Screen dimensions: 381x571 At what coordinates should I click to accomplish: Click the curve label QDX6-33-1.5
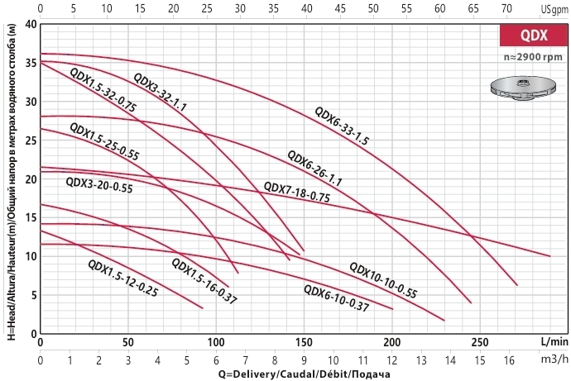tap(342, 126)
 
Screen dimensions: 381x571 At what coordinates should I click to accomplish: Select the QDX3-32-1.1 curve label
tap(161, 93)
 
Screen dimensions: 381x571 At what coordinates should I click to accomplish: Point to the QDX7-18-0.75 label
tap(296, 192)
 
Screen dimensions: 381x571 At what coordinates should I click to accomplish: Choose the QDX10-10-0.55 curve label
tap(382, 279)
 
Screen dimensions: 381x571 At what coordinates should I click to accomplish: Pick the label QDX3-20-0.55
tap(98, 187)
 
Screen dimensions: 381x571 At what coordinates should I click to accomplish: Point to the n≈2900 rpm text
tap(533, 57)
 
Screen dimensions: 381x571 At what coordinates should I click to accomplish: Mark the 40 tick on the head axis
tap(31, 24)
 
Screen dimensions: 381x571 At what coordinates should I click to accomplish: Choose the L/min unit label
tap(554, 341)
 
